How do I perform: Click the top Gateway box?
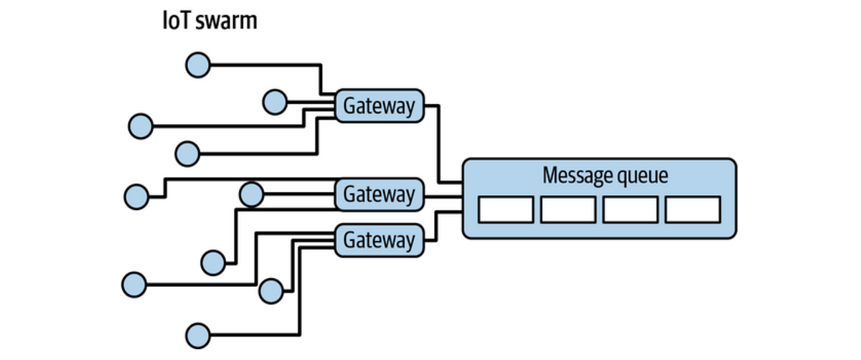379,106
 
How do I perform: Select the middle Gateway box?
379,194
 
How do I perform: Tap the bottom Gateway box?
379,240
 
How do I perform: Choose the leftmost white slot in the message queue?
506,209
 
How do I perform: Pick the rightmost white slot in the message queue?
692,209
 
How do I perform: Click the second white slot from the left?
568,209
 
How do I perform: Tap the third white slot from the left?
630,209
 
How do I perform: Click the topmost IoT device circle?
197,65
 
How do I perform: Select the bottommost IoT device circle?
197,335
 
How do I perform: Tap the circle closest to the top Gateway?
274,102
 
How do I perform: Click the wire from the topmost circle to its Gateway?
265,65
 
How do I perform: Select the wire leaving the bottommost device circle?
251,335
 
